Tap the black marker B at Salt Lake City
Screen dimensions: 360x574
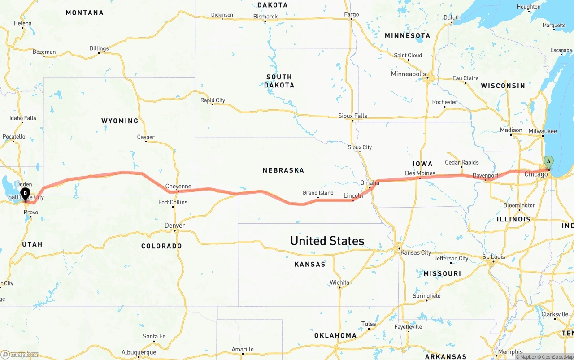click(26, 193)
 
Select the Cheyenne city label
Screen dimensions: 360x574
click(178, 186)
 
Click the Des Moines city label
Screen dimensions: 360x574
click(420, 173)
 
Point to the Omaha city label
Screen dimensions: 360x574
click(370, 182)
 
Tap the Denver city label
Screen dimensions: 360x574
click(174, 226)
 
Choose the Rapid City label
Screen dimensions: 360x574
click(213, 100)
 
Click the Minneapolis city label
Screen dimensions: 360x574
click(408, 74)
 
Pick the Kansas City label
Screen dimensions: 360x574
click(415, 252)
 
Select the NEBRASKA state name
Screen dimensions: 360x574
click(283, 170)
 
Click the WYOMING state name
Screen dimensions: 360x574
click(120, 121)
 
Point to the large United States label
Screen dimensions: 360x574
click(327, 241)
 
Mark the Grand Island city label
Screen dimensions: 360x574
click(317, 193)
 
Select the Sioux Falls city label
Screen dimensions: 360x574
click(352, 116)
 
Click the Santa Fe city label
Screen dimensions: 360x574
click(154, 336)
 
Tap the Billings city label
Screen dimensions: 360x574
click(99, 48)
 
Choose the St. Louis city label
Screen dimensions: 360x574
click(493, 257)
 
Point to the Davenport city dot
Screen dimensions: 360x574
click(485, 180)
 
